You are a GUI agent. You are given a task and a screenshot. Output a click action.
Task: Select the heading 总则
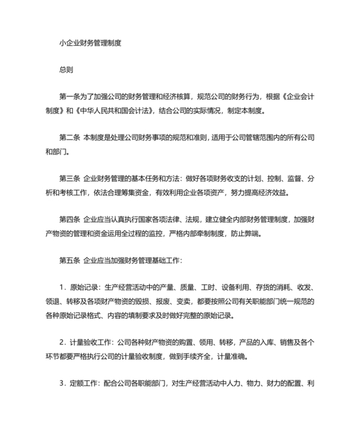[x=67, y=68]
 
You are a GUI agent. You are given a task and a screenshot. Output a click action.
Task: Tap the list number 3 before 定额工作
[x=61, y=384]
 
